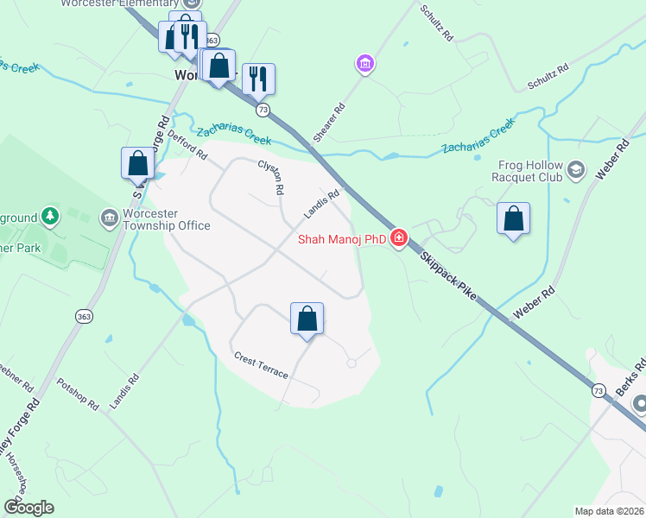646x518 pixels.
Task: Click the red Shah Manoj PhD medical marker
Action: pyautogui.click(x=398, y=238)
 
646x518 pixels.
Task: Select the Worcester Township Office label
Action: pyautogui.click(x=167, y=219)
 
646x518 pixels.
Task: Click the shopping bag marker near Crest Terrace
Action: pyautogui.click(x=307, y=319)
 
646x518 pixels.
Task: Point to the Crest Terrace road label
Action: pyautogui.click(x=260, y=363)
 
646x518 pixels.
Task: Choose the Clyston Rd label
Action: pyautogui.click(x=271, y=179)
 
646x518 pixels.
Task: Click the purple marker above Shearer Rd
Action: pyautogui.click(x=364, y=64)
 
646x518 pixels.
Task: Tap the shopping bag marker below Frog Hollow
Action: pyautogui.click(x=513, y=219)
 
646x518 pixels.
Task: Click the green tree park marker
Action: pyautogui.click(x=51, y=215)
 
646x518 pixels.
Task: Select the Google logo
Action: pyautogui.click(x=28, y=508)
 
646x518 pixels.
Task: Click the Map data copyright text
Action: pyautogui.click(x=609, y=511)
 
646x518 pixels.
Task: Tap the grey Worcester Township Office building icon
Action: pyautogui.click(x=110, y=215)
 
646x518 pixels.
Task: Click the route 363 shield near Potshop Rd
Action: pyautogui.click(x=84, y=317)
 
